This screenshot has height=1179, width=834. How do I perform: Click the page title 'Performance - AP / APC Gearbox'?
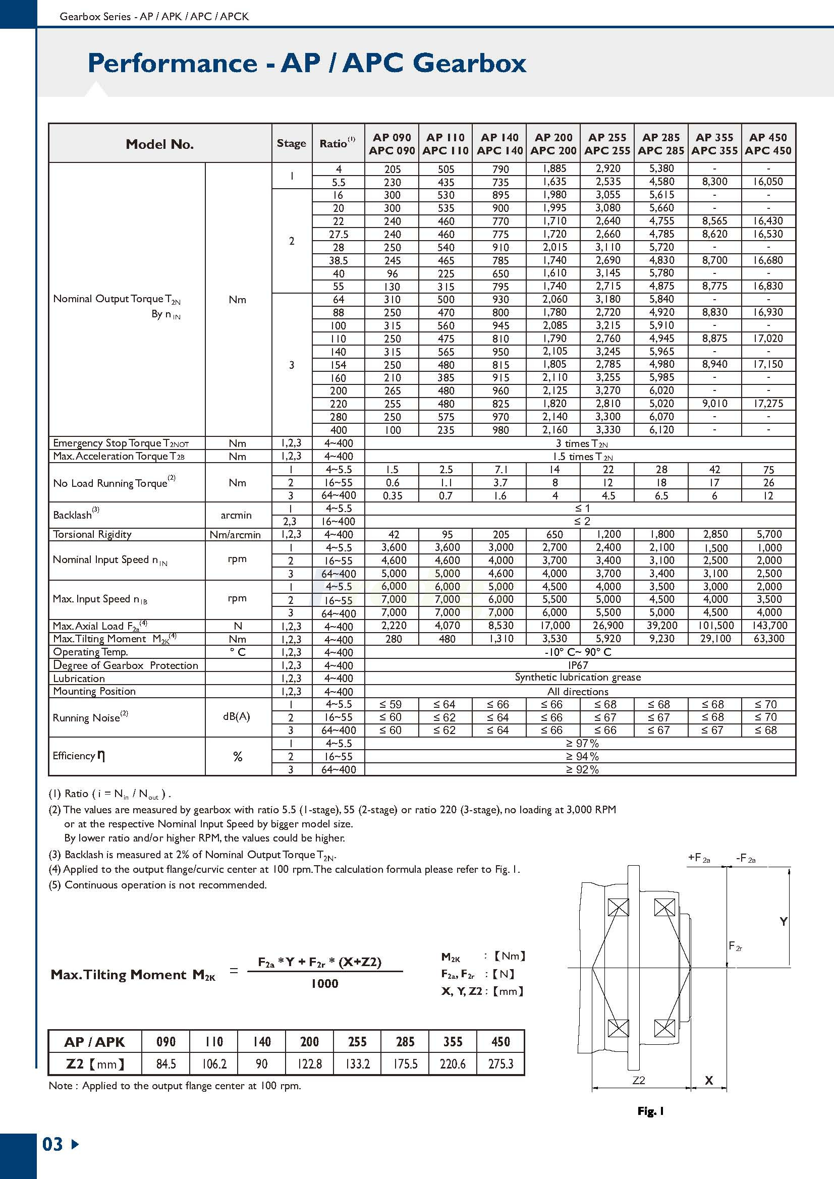[x=307, y=63]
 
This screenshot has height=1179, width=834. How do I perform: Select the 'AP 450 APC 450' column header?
[x=768, y=144]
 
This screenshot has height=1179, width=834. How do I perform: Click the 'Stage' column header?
[x=291, y=143]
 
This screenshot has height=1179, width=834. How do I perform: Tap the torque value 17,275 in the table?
[x=768, y=404]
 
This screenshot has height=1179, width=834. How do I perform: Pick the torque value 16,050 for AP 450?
[x=768, y=182]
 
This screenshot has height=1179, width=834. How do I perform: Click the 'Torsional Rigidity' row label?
[x=92, y=534]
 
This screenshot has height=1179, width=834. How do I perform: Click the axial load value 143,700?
[x=768, y=626]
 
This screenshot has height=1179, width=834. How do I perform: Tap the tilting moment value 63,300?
[x=769, y=639]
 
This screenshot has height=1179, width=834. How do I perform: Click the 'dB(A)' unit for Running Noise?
[x=237, y=716]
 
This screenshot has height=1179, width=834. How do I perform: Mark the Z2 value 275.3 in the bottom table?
[x=501, y=1063]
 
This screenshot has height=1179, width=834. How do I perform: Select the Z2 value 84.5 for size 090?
[x=166, y=1063]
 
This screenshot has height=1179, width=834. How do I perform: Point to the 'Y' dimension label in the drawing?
[x=783, y=922]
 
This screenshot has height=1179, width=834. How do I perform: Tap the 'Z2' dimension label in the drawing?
[x=638, y=1080]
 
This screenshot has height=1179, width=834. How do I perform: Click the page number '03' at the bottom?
[x=52, y=1144]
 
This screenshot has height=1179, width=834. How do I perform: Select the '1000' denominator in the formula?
[x=324, y=983]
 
